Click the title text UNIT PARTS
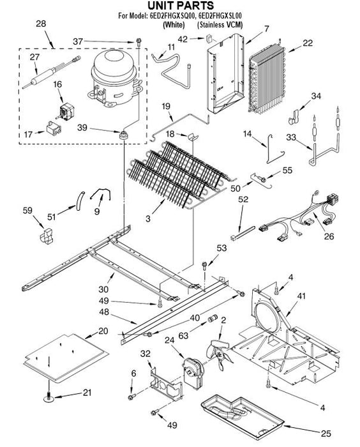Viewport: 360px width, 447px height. [x=181, y=5]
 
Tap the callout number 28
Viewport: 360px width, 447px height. [x=41, y=24]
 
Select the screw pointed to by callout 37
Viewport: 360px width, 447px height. [x=139, y=43]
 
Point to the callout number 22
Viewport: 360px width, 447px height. [x=308, y=43]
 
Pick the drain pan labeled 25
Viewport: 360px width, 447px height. [x=243, y=417]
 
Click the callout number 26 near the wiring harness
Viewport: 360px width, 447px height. [x=329, y=236]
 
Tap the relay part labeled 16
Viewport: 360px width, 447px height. [x=66, y=112]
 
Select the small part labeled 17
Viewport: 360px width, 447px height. [x=54, y=128]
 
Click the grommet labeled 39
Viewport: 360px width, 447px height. [x=123, y=134]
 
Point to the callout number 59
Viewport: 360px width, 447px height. [x=27, y=210]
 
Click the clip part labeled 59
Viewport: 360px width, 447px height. [x=46, y=236]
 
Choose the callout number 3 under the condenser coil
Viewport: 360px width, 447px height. [x=148, y=219]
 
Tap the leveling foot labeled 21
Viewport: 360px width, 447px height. [x=49, y=397]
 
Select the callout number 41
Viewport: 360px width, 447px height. [x=301, y=296]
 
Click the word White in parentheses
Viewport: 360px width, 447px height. [x=174, y=25]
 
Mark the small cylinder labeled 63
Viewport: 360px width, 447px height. [x=213, y=318]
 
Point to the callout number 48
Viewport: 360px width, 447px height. [x=104, y=312]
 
